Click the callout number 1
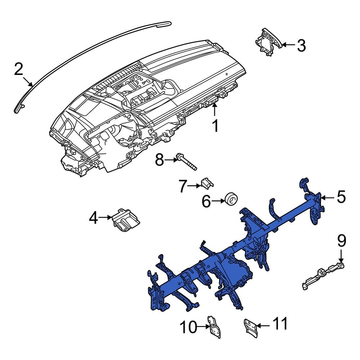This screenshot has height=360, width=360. [x=215, y=126]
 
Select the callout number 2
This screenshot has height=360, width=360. [x=19, y=69]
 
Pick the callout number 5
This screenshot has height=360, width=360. [x=341, y=197]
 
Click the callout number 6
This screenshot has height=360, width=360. [x=206, y=202]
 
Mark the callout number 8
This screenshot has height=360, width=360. [x=159, y=160]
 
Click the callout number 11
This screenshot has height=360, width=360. [x=280, y=324]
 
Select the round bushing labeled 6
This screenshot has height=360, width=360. [x=231, y=199]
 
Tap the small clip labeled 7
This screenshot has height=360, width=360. [x=207, y=183]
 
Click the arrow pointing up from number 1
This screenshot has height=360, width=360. [x=215, y=109]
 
